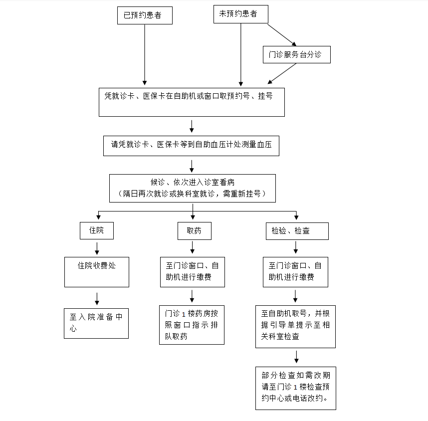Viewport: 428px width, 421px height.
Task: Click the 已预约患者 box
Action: pos(145,15)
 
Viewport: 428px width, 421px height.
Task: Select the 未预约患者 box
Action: pos(240,14)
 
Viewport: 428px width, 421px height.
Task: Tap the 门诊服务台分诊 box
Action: pos(296,55)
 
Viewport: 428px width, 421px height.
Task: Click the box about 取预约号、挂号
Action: pos(192,102)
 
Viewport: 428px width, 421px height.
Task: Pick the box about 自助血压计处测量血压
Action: pos(191,145)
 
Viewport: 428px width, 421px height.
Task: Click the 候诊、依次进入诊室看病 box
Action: pos(193,188)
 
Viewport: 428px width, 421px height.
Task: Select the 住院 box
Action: pos(97,230)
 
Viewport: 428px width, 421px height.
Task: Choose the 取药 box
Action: pos(194,231)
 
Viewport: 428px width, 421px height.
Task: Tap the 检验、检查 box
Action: pos(297,231)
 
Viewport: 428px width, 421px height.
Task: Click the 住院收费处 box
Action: pos(97,272)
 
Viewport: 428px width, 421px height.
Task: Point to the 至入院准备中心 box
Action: pos(96,323)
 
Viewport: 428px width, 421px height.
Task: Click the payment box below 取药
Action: pos(193,272)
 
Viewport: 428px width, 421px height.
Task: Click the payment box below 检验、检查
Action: pos(295,272)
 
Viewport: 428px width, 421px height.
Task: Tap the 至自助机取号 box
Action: pos(295,326)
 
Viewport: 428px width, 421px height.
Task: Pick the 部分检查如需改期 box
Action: pos(295,388)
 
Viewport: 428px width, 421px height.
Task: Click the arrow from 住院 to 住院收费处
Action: pos(97,248)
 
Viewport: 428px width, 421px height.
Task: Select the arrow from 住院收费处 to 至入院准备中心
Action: pos(97,298)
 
